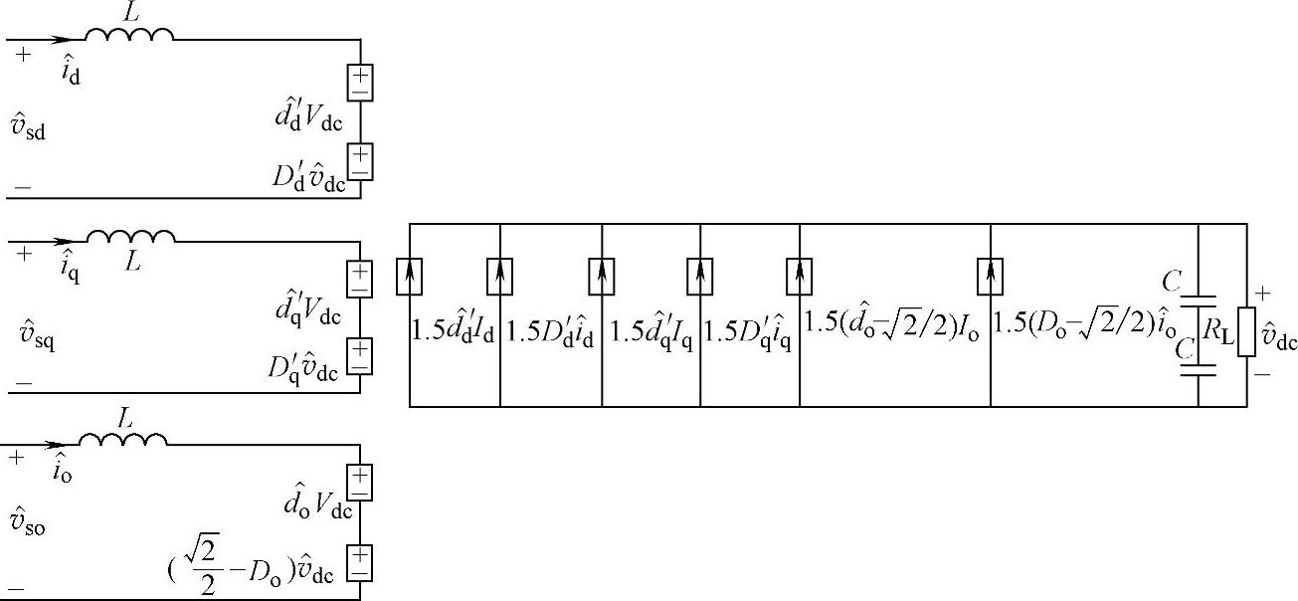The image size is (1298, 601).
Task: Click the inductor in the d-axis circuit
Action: (x=129, y=35)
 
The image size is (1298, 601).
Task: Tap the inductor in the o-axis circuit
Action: (x=122, y=439)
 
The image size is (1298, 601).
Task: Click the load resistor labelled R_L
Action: (x=1246, y=323)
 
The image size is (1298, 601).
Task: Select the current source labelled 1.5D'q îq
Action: (x=800, y=276)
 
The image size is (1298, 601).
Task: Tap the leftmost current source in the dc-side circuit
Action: (x=409, y=276)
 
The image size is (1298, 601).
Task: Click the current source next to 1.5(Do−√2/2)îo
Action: (x=991, y=276)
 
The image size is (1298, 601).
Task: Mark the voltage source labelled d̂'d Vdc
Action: (x=359, y=82)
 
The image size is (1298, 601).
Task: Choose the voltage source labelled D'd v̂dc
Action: (x=359, y=161)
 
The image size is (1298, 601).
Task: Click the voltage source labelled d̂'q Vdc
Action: (x=359, y=280)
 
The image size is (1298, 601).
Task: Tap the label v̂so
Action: (x=30, y=523)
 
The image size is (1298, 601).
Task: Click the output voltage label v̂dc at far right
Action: (x=1277, y=340)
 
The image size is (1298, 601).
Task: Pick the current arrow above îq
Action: (x=62, y=241)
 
